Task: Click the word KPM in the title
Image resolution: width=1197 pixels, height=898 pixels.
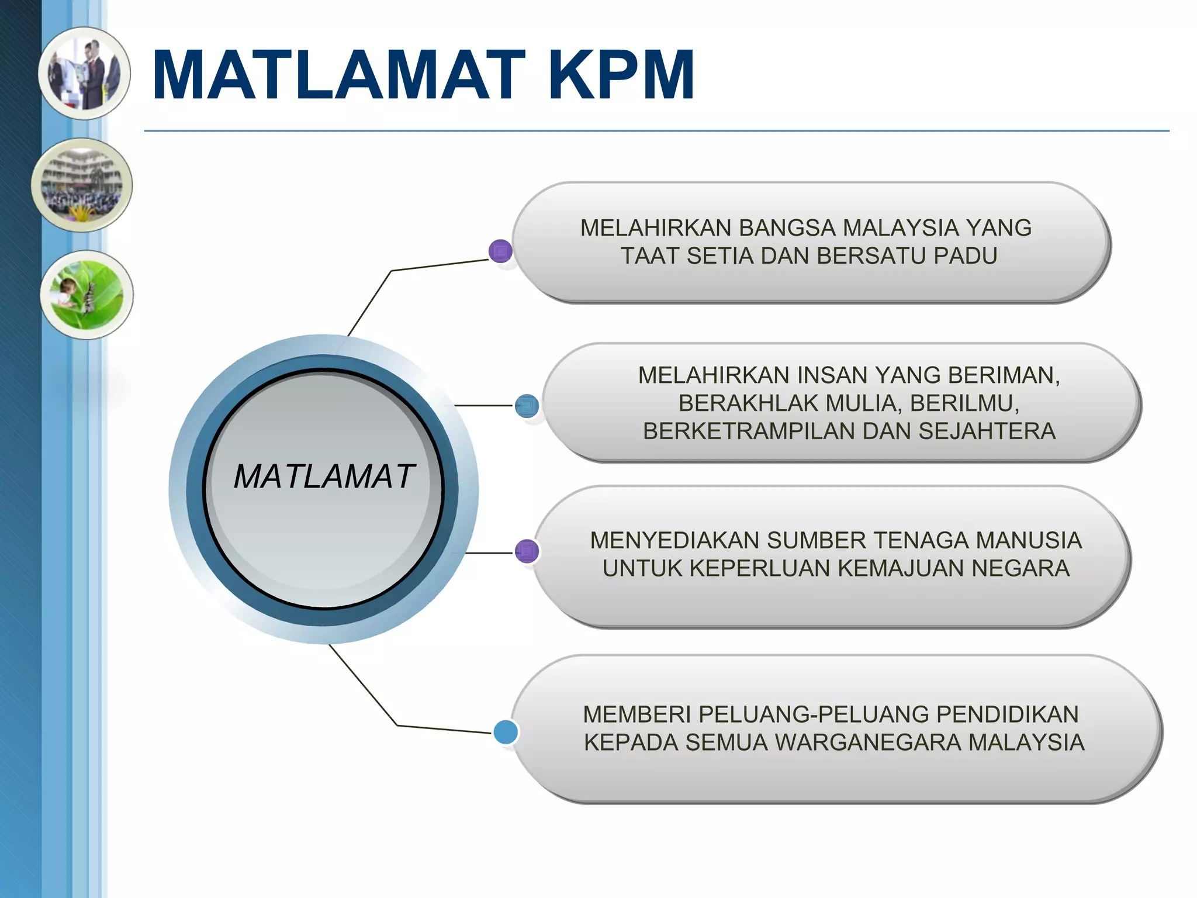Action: (x=621, y=75)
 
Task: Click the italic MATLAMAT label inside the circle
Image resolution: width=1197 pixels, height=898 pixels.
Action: (x=324, y=476)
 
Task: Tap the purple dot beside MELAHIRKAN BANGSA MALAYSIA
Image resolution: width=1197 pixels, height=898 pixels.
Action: (x=500, y=251)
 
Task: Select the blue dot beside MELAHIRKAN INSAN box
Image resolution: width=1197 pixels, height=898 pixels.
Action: (x=527, y=406)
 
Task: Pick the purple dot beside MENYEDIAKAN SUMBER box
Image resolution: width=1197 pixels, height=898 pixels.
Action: (x=527, y=551)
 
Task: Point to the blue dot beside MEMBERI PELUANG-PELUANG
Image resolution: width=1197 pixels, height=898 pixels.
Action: (x=506, y=732)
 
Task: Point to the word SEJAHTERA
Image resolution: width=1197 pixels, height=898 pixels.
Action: (x=987, y=431)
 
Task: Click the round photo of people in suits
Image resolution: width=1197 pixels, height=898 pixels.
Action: (x=85, y=74)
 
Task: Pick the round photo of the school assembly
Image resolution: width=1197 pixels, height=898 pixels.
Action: (x=82, y=185)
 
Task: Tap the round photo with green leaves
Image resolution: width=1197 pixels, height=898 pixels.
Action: (x=87, y=295)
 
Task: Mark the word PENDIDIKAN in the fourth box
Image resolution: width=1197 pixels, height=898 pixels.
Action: (x=1008, y=714)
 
